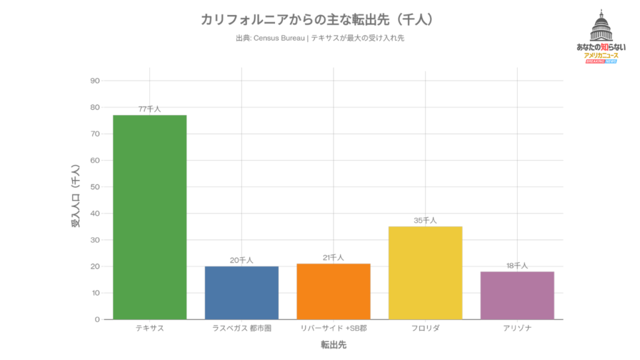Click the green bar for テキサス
point(149,217)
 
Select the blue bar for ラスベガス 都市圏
point(241,292)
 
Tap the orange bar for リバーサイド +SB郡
point(333,291)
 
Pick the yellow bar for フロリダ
point(425,272)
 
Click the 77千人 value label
point(149,109)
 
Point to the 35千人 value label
point(425,220)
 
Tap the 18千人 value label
point(517,266)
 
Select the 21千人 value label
point(333,257)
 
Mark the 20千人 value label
point(241,260)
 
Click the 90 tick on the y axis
point(95,81)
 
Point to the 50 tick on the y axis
point(95,187)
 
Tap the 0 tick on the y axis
point(97,319)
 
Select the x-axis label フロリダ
point(425,328)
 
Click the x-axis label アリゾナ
point(517,328)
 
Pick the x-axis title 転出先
point(333,344)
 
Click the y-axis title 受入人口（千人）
point(76,195)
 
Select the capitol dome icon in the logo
point(601,27)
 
